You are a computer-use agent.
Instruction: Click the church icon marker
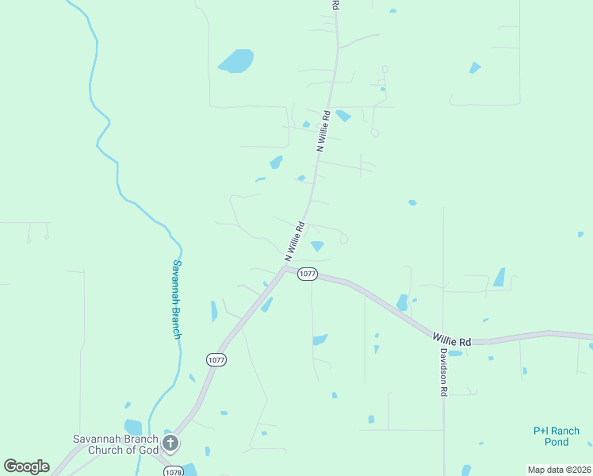170,442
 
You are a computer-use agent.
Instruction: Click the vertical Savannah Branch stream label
178,299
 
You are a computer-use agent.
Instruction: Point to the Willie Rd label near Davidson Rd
452,338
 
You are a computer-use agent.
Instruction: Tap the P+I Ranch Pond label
557,436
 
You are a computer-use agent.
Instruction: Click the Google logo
26,466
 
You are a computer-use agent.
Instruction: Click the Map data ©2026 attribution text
559,470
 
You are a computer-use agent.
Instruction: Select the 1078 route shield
174,471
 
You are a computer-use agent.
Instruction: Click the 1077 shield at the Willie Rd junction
308,274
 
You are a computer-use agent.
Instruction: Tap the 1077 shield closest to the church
216,359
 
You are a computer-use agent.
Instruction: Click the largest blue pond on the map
235,61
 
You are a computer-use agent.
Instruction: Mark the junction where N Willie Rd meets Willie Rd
285,268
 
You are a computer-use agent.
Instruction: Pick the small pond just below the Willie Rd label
455,353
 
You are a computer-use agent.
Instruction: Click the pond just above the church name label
132,427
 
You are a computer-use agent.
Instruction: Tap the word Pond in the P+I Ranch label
557,442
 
